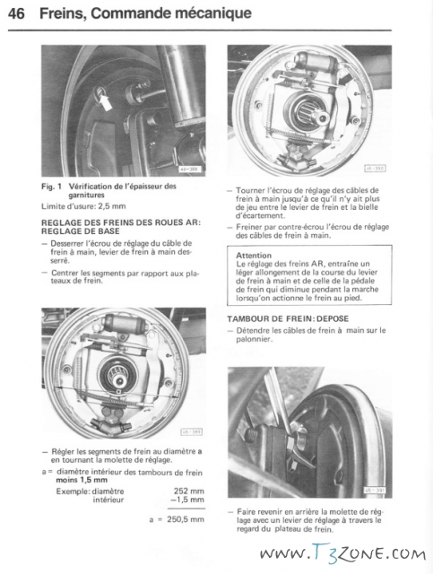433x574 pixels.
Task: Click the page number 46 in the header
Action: click(16, 13)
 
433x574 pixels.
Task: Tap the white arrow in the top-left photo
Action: click(106, 101)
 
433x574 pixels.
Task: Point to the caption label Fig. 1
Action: click(51, 187)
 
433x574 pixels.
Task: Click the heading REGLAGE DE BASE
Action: click(81, 231)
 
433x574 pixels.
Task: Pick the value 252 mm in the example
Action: click(189, 491)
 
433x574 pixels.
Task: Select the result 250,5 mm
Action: click(186, 519)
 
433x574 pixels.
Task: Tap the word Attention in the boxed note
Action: click(254, 255)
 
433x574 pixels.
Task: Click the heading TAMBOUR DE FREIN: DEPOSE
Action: click(288, 319)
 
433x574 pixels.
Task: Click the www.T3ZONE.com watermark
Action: click(342, 553)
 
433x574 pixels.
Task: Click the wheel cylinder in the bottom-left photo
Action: click(121, 322)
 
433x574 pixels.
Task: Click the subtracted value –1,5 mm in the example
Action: click(187, 500)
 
